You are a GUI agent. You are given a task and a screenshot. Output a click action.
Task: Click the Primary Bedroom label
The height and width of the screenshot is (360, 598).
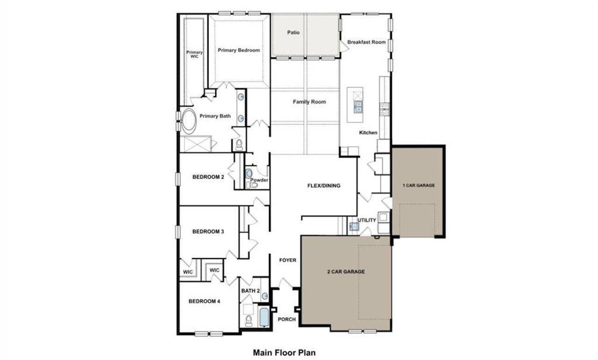pos(238,50)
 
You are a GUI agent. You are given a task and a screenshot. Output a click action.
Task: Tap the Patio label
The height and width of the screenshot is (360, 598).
pos(293,33)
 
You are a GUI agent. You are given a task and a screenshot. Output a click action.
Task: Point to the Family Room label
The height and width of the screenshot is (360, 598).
pos(309,101)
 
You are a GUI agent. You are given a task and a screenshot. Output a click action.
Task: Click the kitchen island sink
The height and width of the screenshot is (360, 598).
pos(358,107)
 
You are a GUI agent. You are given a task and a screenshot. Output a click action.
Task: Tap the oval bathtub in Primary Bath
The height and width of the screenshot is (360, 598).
pos(189,121)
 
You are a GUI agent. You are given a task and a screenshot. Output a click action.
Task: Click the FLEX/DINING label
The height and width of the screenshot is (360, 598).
pos(323,186)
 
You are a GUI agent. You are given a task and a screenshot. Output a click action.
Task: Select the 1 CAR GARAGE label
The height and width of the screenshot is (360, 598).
pos(419,186)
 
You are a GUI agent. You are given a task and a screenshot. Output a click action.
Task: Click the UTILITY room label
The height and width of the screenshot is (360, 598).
pos(367,220)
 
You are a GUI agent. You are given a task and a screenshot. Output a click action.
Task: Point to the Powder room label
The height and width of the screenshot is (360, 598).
pos(259,180)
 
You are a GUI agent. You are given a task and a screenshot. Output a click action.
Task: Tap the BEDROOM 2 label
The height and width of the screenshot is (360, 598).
pos(208,177)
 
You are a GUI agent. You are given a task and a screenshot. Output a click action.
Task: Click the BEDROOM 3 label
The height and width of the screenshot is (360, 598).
pos(208,231)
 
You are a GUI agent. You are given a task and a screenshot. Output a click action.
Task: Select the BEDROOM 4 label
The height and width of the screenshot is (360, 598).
pos(204,302)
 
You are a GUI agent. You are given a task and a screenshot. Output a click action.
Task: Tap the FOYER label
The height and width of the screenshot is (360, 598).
pos(287,260)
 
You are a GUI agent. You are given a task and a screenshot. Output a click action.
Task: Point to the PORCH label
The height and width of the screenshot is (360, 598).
pos(286,320)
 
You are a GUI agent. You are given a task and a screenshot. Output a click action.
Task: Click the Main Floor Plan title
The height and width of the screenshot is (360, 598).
pos(284,353)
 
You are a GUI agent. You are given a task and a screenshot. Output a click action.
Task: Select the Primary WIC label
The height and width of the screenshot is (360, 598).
pos(194,54)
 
